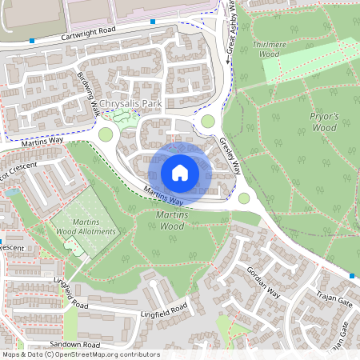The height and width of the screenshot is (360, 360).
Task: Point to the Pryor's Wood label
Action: (x=324, y=122)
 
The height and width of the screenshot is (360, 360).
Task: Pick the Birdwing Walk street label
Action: (x=90, y=94)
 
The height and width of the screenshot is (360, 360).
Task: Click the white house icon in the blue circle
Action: (x=180, y=173)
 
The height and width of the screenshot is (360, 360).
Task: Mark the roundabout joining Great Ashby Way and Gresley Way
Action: (x=209, y=122)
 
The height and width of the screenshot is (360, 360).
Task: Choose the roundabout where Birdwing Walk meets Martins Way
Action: (x=106, y=134)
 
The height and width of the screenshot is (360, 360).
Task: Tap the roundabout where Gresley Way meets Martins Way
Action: (x=244, y=198)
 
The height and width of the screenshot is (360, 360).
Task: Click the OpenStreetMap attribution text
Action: (x=81, y=354)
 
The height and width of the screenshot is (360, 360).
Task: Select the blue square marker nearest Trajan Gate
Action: (x=351, y=276)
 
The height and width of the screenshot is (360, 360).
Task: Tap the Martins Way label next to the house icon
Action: (x=160, y=195)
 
